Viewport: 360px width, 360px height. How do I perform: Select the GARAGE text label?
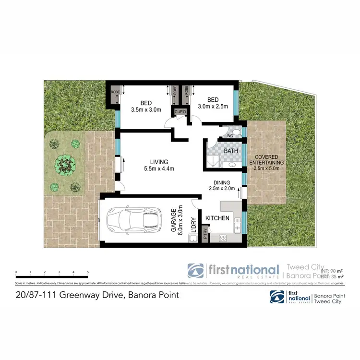tap(174, 220)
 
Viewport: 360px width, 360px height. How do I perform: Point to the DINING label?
tap(222, 182)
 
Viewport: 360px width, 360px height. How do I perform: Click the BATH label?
tap(231, 151)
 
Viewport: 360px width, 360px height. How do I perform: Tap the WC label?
tap(229, 136)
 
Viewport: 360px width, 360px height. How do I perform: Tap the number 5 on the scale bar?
tap(88, 273)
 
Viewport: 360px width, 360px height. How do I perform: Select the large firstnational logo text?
tap(242, 269)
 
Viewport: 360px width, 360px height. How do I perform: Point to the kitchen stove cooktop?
tap(223, 238)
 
